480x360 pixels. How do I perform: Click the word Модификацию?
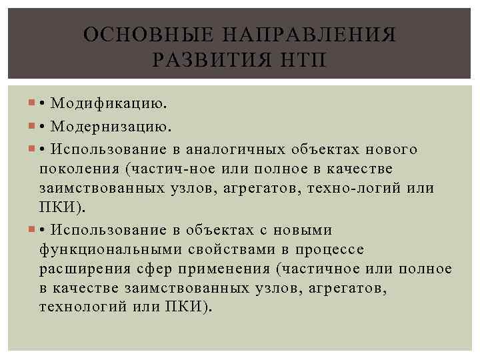tap(110, 103)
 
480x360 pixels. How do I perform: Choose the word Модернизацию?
tap(111, 126)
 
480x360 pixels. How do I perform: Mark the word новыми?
tap(303, 230)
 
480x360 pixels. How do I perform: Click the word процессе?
tap(329, 249)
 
